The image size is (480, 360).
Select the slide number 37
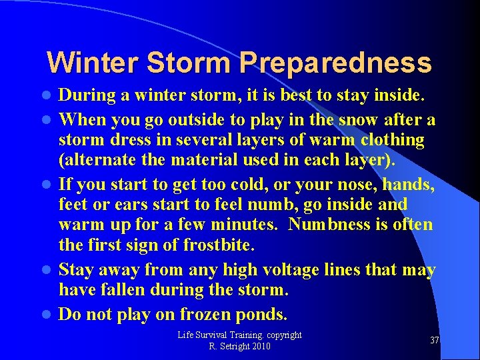[434, 341]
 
